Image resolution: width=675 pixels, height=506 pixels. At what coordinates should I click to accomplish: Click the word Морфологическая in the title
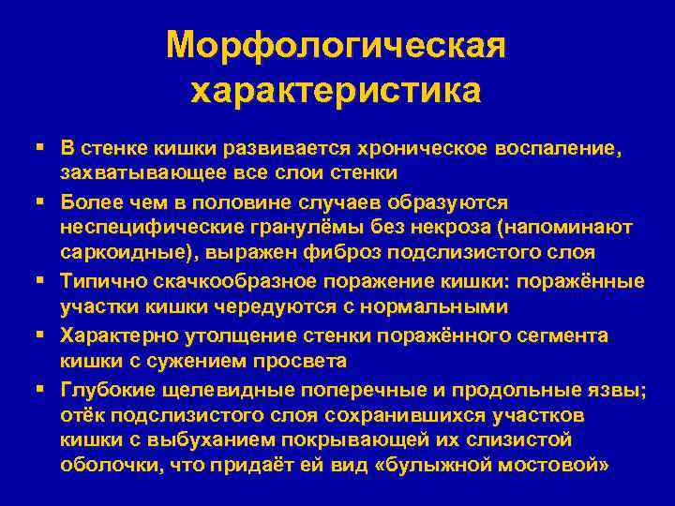coord(337,44)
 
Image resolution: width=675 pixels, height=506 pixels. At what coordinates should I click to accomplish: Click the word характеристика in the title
coord(337,91)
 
